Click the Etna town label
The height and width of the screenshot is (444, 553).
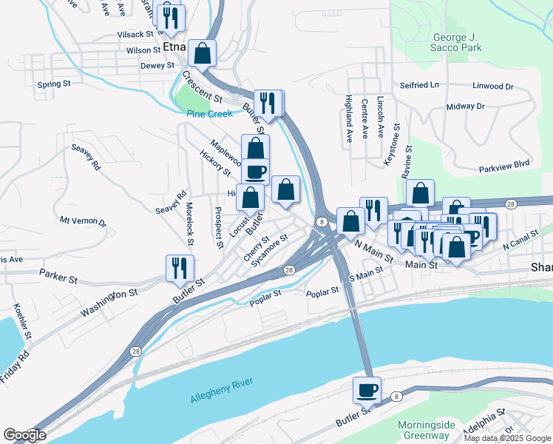174,47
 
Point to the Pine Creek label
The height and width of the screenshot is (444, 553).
209,114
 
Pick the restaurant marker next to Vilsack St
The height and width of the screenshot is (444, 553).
171,18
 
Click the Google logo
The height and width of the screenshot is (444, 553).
24,434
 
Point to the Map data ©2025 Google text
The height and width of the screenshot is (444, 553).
507,438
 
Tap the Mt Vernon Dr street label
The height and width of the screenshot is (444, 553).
83,221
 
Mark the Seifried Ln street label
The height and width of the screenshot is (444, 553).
419,85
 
